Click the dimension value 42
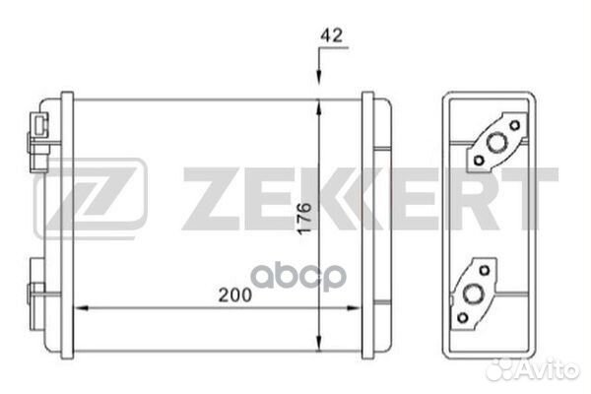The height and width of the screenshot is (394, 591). (x=332, y=35)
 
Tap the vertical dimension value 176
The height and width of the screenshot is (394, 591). (x=304, y=219)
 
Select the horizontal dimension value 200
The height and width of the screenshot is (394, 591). (x=234, y=295)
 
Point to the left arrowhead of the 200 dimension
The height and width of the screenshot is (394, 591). (x=82, y=308)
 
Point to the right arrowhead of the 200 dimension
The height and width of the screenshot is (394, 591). (x=353, y=308)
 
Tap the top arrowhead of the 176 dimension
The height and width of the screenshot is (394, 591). (x=319, y=106)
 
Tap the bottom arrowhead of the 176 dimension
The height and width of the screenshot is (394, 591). (x=319, y=344)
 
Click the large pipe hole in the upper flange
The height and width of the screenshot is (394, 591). (x=496, y=143)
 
